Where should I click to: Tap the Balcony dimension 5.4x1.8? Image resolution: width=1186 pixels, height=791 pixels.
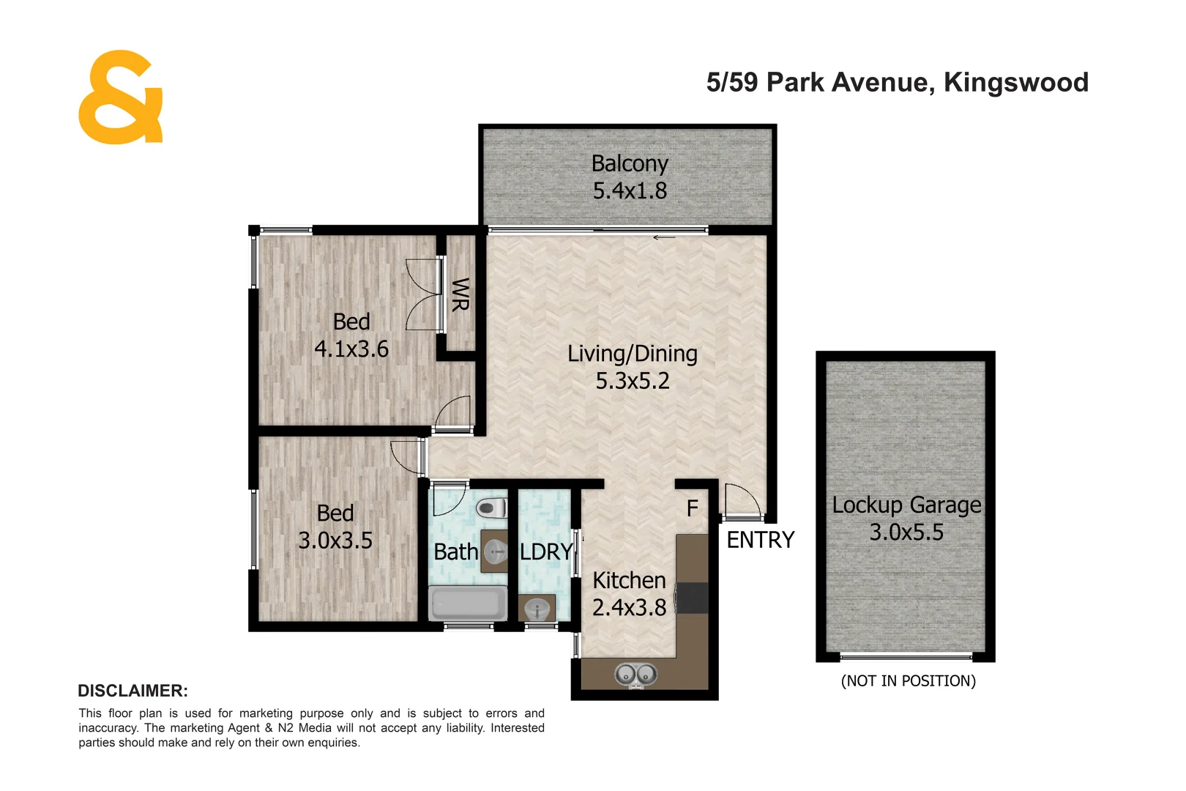coord(630,191)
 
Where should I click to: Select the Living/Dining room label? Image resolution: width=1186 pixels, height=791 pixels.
coord(633,354)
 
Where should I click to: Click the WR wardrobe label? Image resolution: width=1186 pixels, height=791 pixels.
coord(460,294)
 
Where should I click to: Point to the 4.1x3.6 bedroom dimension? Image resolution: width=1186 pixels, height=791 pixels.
coord(351,349)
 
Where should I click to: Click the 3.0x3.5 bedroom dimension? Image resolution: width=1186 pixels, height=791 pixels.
coord(335,541)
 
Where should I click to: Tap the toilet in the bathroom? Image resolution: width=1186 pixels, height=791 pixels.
coord(491,508)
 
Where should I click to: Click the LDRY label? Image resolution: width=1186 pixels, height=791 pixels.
coord(545,552)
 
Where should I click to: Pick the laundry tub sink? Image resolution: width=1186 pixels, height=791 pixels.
coord(537,609)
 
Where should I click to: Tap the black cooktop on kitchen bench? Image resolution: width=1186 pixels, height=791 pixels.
coord(693,598)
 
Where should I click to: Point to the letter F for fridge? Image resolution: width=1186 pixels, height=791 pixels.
coord(692,508)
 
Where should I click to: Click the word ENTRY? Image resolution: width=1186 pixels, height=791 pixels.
coord(760,540)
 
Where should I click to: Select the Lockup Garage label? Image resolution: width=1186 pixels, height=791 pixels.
coord(906,505)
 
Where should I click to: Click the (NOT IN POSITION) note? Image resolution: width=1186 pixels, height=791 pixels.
coord(908,681)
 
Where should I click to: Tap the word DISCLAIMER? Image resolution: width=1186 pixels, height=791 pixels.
coord(133,691)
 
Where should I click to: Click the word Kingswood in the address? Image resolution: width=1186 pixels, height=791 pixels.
coord(1015,82)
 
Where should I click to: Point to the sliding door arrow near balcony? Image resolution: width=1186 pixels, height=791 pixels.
coord(664,237)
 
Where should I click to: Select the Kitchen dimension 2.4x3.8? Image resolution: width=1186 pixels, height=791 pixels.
coord(629,607)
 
